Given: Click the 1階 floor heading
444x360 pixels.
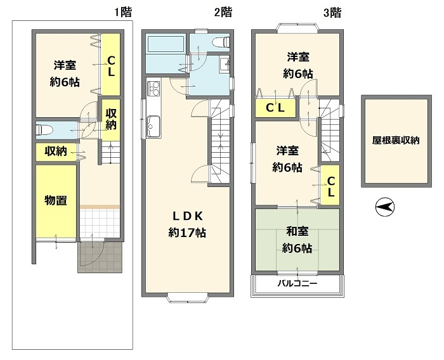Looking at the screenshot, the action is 123,13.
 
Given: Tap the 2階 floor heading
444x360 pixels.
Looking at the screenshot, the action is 223,13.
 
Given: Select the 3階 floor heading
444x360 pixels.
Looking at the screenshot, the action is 332,13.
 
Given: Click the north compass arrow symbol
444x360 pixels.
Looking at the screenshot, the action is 385,207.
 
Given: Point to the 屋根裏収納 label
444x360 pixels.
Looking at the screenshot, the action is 396,140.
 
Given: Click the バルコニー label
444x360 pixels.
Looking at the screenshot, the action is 297,283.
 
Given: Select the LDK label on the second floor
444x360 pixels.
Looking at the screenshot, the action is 188,217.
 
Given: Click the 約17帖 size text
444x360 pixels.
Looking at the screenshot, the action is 187,233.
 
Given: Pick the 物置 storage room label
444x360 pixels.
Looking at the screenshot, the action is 56,201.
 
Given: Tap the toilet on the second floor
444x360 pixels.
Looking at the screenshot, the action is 221,42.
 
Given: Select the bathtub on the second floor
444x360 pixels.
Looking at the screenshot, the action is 166,44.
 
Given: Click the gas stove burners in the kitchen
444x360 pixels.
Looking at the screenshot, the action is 153,88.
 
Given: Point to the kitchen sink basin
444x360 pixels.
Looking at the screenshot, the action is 153,127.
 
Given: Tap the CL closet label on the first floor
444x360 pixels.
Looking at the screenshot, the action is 111,66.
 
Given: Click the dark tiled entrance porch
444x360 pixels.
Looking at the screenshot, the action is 100,257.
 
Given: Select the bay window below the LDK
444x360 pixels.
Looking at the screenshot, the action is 188,298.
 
